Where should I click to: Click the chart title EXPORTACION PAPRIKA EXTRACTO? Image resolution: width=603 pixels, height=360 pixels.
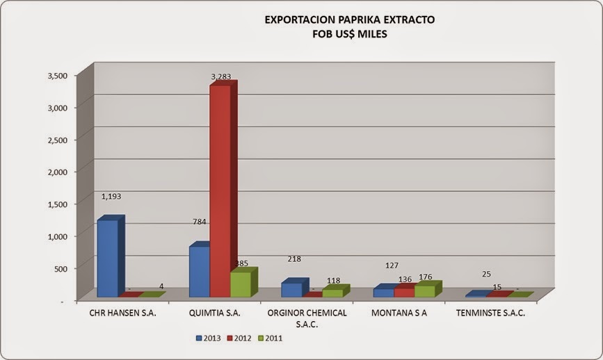(x=349, y=20)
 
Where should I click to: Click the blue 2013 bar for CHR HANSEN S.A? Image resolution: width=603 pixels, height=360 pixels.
(x=106, y=258)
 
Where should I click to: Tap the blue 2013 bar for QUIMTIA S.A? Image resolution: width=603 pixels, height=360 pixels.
(x=199, y=271)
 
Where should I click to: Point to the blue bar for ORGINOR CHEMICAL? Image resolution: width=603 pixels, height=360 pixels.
(x=291, y=290)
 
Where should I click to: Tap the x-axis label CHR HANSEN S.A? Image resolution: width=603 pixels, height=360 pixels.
(x=123, y=313)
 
